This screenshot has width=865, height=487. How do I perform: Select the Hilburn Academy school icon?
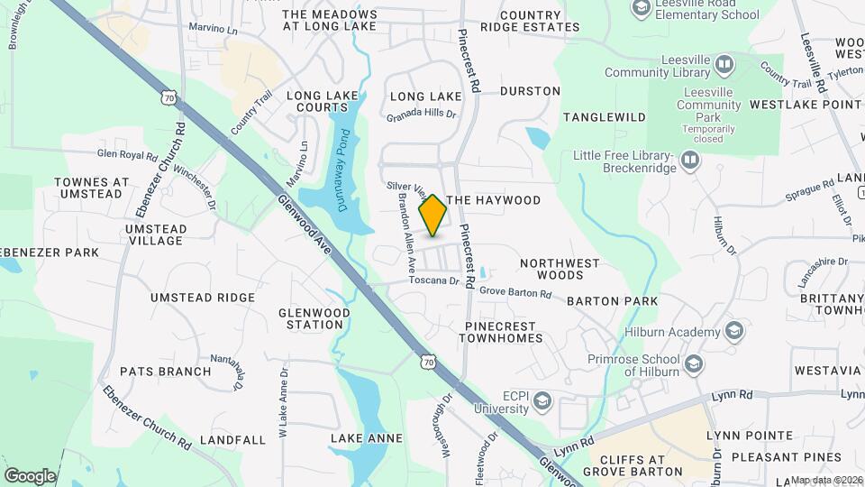pyautogui.click(x=733, y=331)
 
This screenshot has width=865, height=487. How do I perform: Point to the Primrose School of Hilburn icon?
pyautogui.click(x=693, y=363)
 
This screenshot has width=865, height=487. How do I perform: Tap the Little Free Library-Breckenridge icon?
pyautogui.click(x=690, y=160)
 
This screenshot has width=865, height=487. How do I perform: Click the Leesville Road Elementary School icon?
pyautogui.click(x=641, y=9)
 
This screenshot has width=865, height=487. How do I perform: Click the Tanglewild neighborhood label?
pyautogui.click(x=605, y=117)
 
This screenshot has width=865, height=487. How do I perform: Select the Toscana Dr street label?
pyautogui.click(x=433, y=280)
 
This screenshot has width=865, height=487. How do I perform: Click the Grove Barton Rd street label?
pyautogui.click(x=514, y=292)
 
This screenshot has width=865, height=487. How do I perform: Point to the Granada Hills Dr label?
pyautogui.click(x=422, y=115)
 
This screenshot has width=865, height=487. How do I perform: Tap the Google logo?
pyautogui.click(x=30, y=475)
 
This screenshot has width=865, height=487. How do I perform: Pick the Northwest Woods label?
pyautogui.click(x=560, y=269)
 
